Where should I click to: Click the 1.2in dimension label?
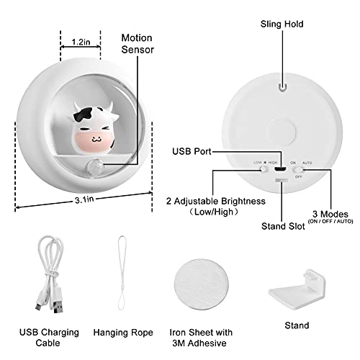pos(81,42)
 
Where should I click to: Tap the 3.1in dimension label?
pos(84,199)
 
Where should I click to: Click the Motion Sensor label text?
pos(137,44)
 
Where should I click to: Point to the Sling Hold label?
pos(282,24)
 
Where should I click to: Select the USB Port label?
pos(192,151)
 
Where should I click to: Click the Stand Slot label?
pos(283,226)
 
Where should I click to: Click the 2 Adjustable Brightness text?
pos(216,201)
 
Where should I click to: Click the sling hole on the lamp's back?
pos(283,86)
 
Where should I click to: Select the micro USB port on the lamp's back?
pos(280,169)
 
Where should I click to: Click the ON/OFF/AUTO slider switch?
pos(298,170)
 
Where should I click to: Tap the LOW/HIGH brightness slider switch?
pos(264,169)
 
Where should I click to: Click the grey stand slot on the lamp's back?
pos(282,180)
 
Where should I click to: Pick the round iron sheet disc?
pos(202,284)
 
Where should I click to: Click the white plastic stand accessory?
pos(297,289)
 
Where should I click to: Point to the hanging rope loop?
pos(122,273)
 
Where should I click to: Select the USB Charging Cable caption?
pos(49,338)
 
